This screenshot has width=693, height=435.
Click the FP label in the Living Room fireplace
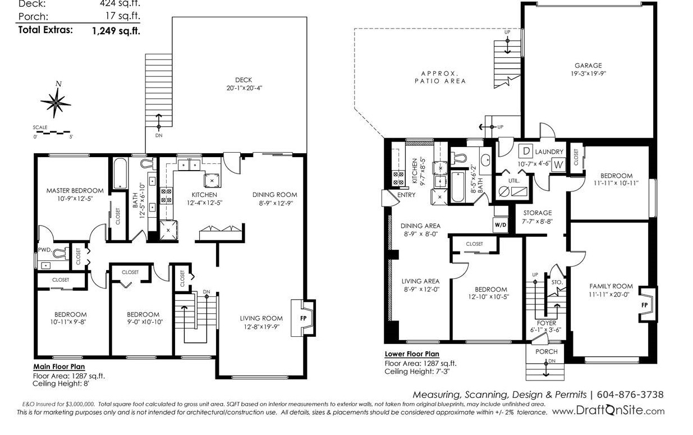tap(304, 318)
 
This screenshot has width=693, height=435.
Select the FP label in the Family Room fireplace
tap(644, 305)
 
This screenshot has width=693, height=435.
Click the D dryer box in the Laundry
tap(526, 151)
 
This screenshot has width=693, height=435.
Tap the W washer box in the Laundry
tap(558, 164)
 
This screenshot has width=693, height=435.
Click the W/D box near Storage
tap(501, 225)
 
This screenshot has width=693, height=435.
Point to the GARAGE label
tap(588, 66)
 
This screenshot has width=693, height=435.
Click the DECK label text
tap(244, 80)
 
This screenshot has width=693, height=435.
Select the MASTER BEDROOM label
tap(75, 191)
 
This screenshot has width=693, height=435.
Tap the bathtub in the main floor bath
tap(120, 173)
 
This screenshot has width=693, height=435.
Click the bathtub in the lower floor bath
tap(457, 186)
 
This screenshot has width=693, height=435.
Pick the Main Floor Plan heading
tap(59, 367)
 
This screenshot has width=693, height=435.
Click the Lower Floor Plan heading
tap(412, 354)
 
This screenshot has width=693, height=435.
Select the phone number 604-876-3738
tap(630, 395)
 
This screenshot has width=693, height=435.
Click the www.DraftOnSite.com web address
tap(608, 410)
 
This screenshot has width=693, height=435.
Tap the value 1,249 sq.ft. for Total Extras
tap(116, 31)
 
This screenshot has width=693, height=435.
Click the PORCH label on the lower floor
tap(547, 351)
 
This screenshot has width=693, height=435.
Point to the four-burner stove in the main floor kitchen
tap(166, 196)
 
